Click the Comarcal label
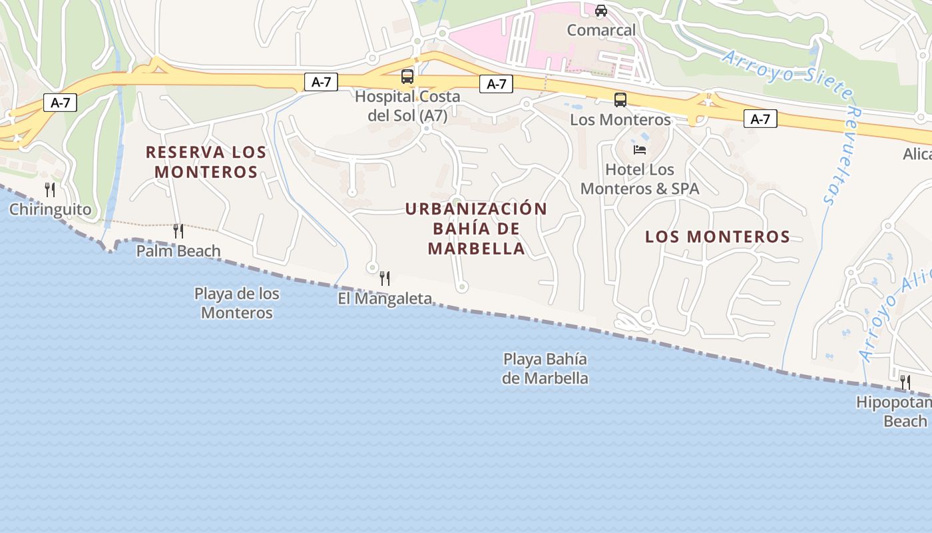601,30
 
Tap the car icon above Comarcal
601,11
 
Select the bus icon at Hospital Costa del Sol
407,77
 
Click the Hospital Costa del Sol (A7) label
407,106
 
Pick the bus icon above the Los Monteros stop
620,100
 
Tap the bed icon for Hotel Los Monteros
640,150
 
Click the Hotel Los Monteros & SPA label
640,179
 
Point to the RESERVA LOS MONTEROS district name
206,162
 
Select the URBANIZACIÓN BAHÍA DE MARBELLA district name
476,229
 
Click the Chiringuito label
50,210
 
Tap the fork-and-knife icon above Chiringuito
50,190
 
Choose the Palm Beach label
178,251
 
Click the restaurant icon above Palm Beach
178,231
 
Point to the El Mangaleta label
385,298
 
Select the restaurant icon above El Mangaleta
385,278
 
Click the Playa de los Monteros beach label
237,303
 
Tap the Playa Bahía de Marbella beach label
545,369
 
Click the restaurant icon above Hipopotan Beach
905,382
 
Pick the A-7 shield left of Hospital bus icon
321,82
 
